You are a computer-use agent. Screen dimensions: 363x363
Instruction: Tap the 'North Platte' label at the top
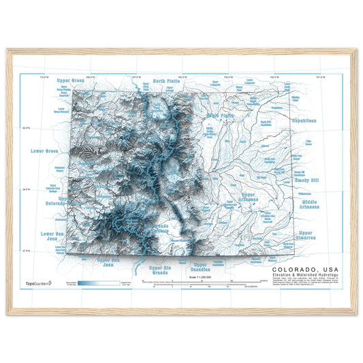coord(167,80)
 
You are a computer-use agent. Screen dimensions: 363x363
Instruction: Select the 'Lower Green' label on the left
coord(42,150)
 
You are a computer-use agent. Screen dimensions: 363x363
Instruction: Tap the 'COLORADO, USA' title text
coord(303,270)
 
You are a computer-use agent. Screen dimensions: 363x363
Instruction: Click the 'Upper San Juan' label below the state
coord(109,262)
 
